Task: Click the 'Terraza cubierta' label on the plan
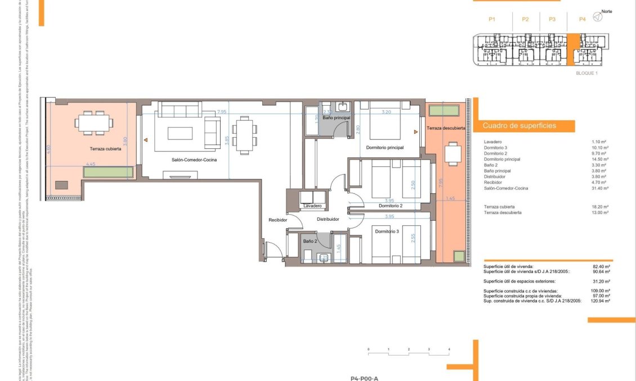(105, 149)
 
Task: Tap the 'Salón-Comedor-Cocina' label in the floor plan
(195, 160)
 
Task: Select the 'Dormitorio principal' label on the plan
(384, 148)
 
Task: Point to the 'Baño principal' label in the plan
(337, 118)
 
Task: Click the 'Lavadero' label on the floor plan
(312, 206)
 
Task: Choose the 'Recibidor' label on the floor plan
(278, 220)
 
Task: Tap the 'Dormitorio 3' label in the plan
(386, 231)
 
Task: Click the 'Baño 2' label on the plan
(310, 241)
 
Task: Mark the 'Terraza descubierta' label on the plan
(446, 129)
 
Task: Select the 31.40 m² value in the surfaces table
(603, 189)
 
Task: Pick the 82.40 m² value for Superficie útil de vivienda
(603, 266)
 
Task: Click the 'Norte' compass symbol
(598, 18)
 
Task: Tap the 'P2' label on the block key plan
(525, 19)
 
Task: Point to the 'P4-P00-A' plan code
(364, 378)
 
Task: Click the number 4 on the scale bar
(449, 350)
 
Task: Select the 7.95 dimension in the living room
(222, 112)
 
